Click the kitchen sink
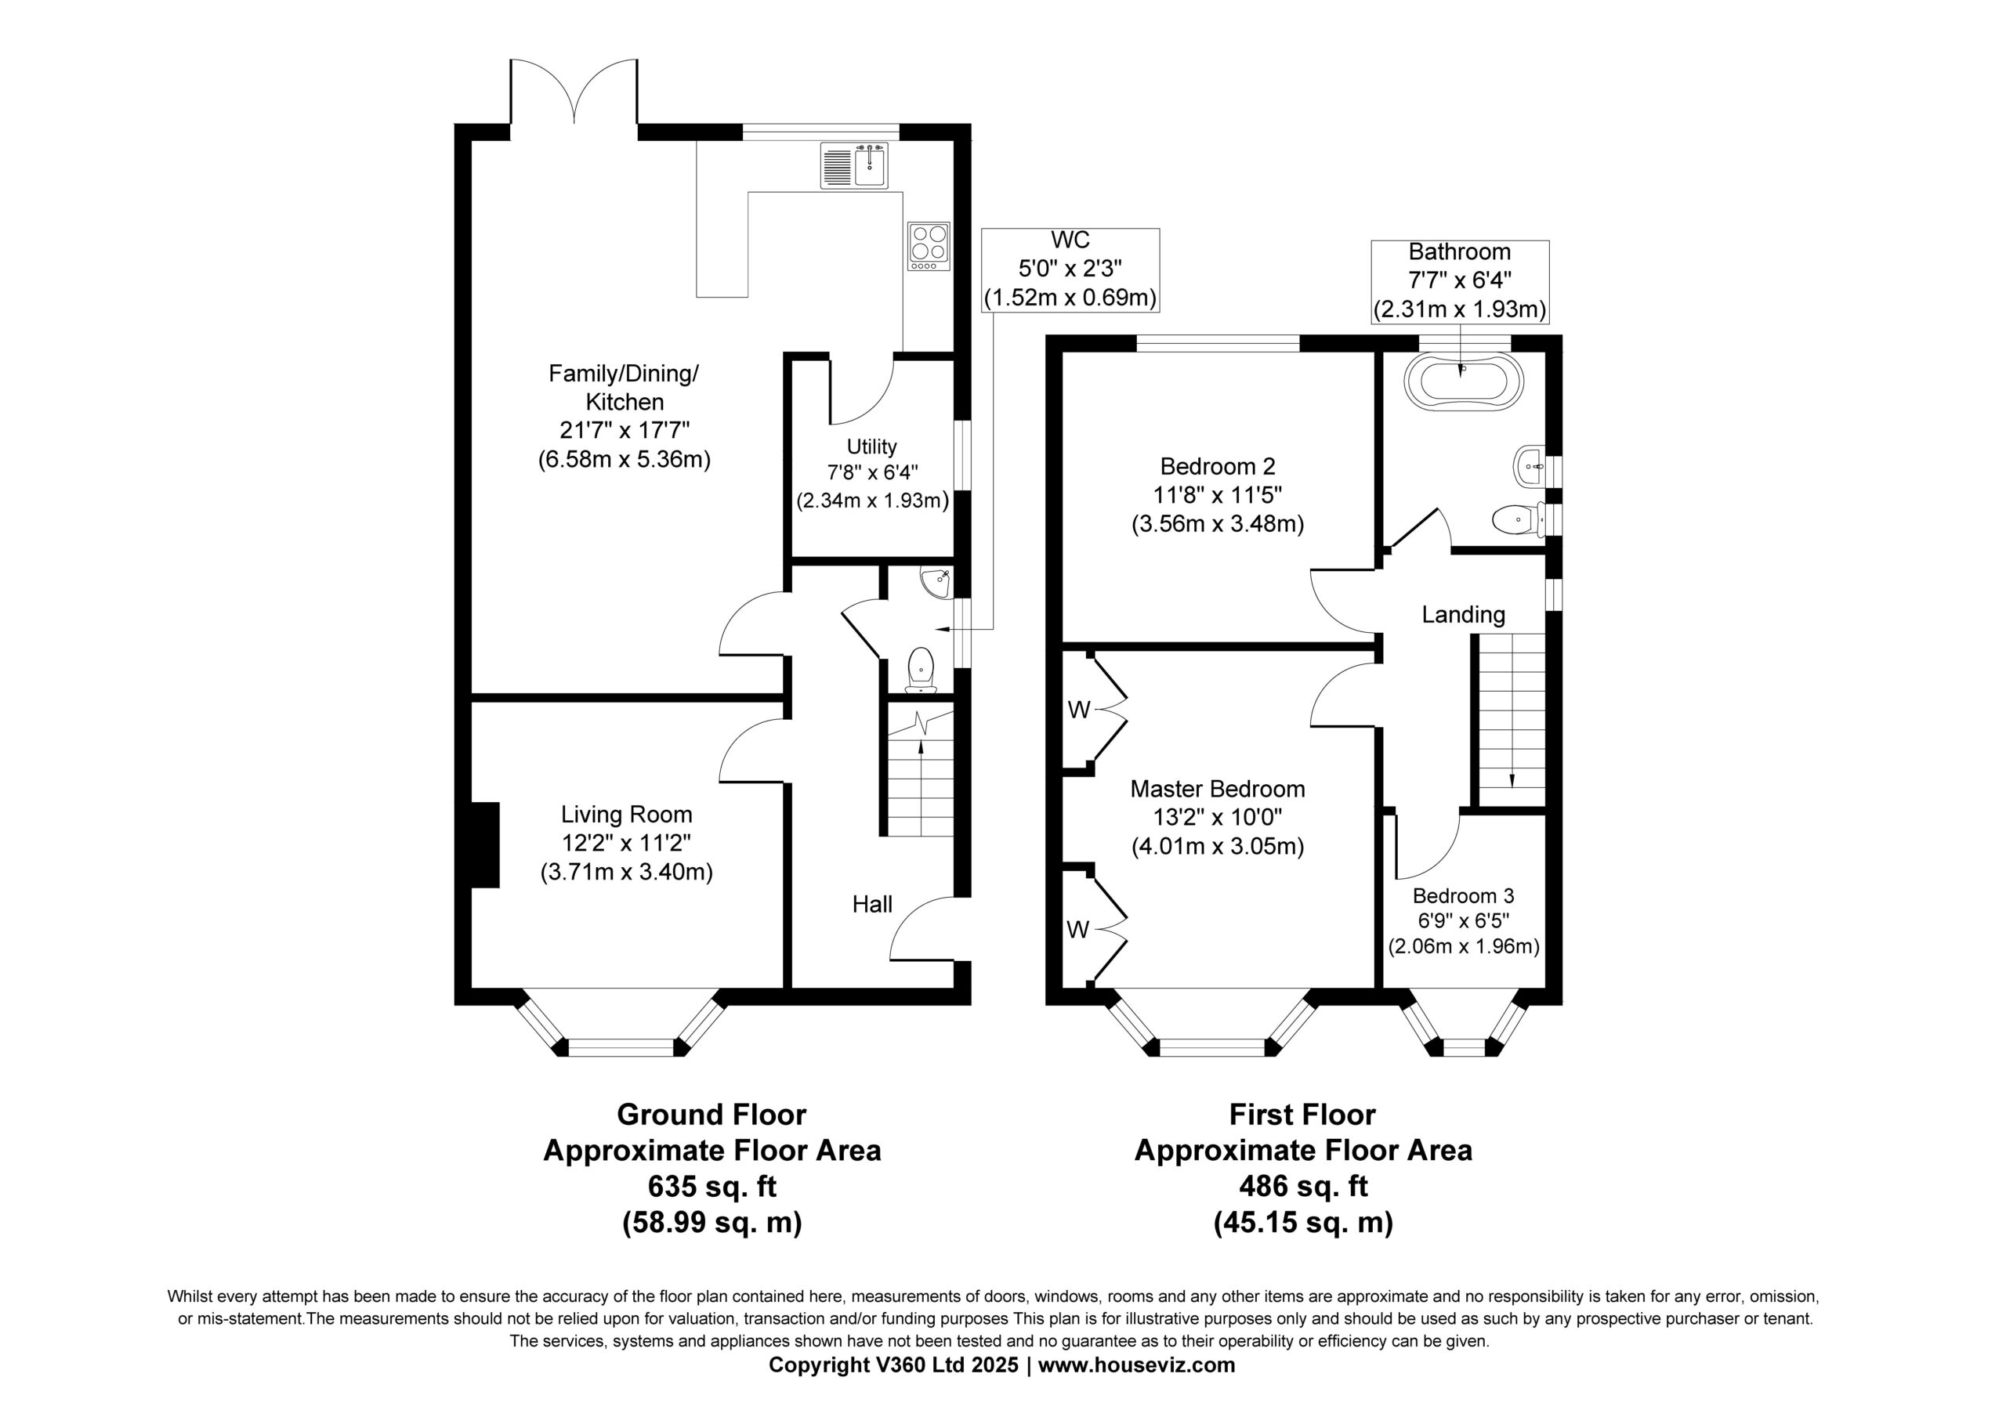tap(854, 165)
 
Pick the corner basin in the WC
tap(938, 582)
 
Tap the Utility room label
tap(871, 446)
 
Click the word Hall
tap(872, 904)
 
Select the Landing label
tap(1464, 615)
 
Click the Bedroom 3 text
tap(1464, 895)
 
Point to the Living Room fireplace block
tap(485, 844)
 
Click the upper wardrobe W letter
tap(1079, 710)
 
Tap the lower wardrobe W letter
tap(1078, 931)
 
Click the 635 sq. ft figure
tap(712, 1187)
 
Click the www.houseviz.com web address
tap(1137, 1365)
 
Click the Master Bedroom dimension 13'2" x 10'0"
tap(1217, 818)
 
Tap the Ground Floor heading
tap(712, 1115)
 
